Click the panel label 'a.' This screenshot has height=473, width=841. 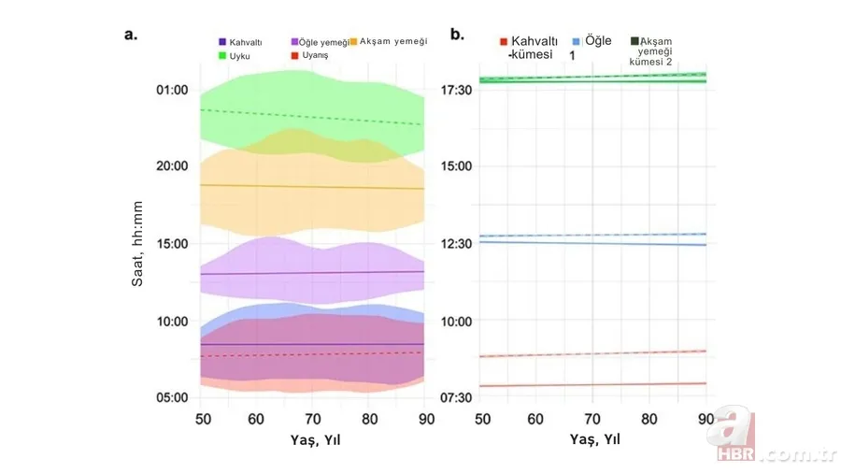[x=131, y=35]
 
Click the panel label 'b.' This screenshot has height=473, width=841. [x=457, y=35]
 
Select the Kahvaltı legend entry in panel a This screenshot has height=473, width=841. [x=241, y=42]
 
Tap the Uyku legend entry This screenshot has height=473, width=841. [x=235, y=56]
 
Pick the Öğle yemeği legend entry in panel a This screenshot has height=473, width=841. [x=320, y=42]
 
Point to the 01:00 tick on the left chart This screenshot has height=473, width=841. [x=172, y=90]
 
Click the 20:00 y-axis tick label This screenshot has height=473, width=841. [x=172, y=166]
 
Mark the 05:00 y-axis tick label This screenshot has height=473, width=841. [x=172, y=397]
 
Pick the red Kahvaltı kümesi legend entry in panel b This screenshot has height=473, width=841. [x=530, y=48]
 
